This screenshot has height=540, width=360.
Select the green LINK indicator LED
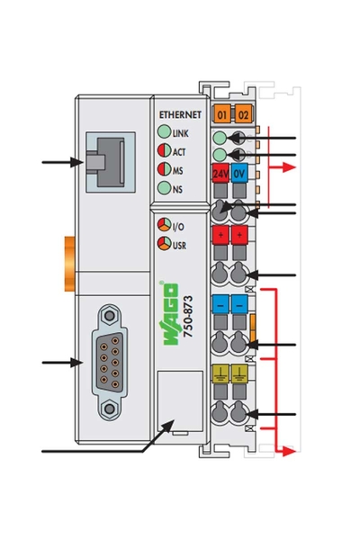click(165, 133)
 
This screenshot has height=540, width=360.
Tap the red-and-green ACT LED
click(165, 151)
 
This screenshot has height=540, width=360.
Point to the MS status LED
click(165, 169)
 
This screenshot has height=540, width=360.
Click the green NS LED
click(165, 187)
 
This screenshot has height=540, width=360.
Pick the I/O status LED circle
click(165, 226)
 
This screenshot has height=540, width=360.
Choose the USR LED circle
click(165, 243)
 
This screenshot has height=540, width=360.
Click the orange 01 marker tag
click(220, 114)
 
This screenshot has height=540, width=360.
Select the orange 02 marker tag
click(240, 114)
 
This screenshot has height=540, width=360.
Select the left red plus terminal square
click(220, 235)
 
